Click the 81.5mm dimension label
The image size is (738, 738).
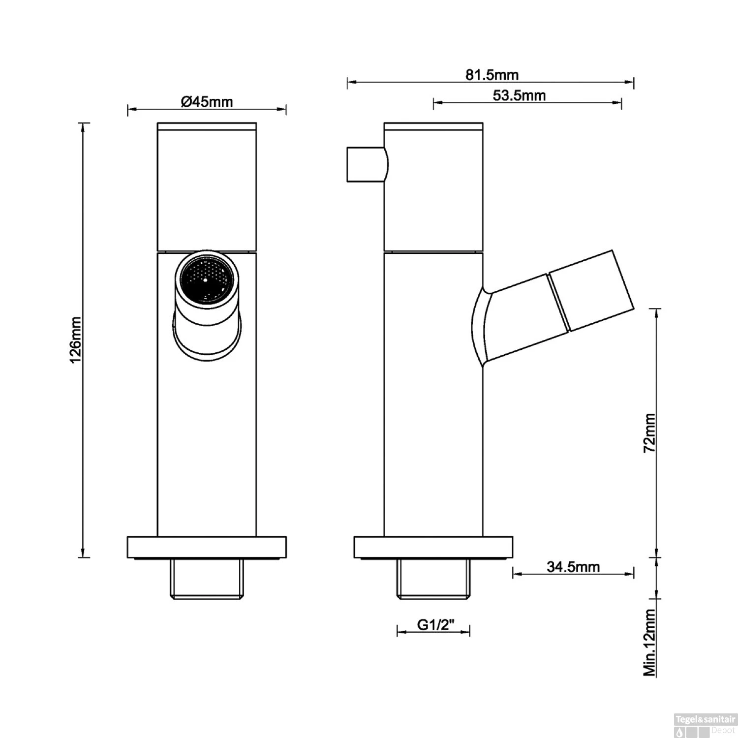click(x=492, y=75)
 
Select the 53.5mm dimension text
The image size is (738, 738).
click(x=519, y=95)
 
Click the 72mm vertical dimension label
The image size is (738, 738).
click(x=650, y=432)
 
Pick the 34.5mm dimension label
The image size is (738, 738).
click(x=573, y=567)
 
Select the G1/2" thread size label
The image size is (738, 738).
click(x=435, y=624)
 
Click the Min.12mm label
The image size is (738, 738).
click(x=650, y=643)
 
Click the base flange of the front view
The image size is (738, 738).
click(x=207, y=547)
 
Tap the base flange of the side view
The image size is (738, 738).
click(x=433, y=547)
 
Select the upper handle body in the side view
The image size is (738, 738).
click(x=433, y=187)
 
